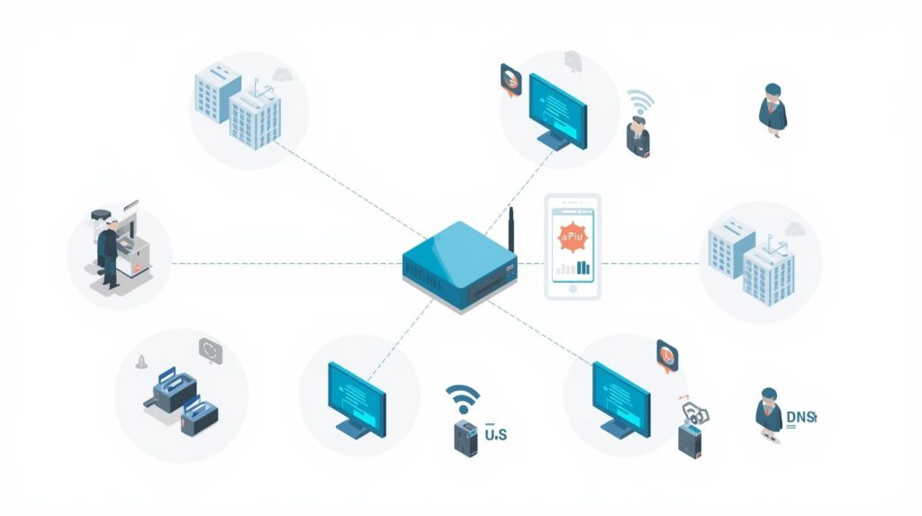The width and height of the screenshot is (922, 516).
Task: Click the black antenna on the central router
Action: pos(510,231)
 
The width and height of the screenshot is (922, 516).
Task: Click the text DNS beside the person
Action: pos(800,417)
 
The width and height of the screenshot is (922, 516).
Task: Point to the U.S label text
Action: pos(496,435)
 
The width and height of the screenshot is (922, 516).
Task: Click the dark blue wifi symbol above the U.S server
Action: pos(463,397)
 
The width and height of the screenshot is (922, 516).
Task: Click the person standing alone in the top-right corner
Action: pos(773,110)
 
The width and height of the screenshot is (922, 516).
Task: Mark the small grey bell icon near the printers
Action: pos(140,363)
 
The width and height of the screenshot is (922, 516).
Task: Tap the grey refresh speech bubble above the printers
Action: pos(210,349)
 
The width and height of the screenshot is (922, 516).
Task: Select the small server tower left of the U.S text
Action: pos(464,433)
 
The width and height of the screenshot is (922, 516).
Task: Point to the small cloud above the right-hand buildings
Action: pos(793,228)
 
